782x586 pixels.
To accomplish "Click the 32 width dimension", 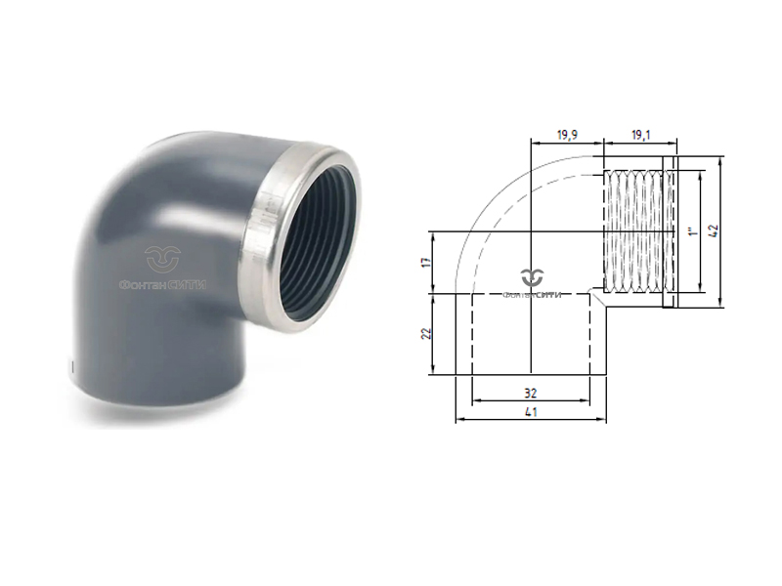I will tap(531, 393).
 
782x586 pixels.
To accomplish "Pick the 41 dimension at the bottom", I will tap(531, 413).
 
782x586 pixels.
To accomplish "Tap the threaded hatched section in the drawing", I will tap(633, 232).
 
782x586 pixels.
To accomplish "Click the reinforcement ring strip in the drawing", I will tap(670, 232).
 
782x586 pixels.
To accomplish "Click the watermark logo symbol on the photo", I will tap(163, 259).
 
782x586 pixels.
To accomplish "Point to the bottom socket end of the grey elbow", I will tap(156, 391).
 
